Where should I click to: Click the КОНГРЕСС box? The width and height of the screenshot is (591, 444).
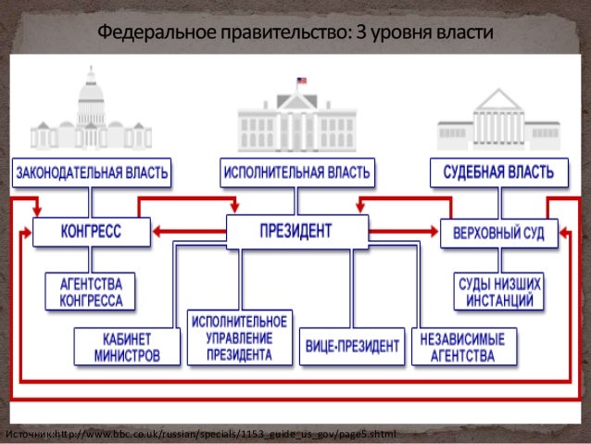click(92, 231)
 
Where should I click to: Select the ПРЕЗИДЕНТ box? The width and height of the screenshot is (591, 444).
click(295, 230)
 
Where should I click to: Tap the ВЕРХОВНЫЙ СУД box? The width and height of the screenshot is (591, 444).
click(499, 232)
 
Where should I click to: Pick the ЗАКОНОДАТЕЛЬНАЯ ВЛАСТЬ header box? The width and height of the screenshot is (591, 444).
click(92, 172)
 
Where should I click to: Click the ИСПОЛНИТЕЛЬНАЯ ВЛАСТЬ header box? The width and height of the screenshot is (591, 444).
click(297, 172)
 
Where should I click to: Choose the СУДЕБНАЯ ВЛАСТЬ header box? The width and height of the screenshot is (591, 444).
click(499, 172)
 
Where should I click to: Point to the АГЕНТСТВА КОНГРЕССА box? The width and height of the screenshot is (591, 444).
click(91, 291)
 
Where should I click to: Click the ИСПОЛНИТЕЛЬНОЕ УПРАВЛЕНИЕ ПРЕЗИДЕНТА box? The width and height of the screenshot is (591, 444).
click(240, 336)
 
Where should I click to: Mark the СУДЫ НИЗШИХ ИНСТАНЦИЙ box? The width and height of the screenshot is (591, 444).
click(498, 291)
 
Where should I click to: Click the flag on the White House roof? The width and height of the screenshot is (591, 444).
click(300, 82)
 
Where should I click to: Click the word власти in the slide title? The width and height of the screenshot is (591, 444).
click(462, 34)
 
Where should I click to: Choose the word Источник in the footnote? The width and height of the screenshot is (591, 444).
click(27, 435)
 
